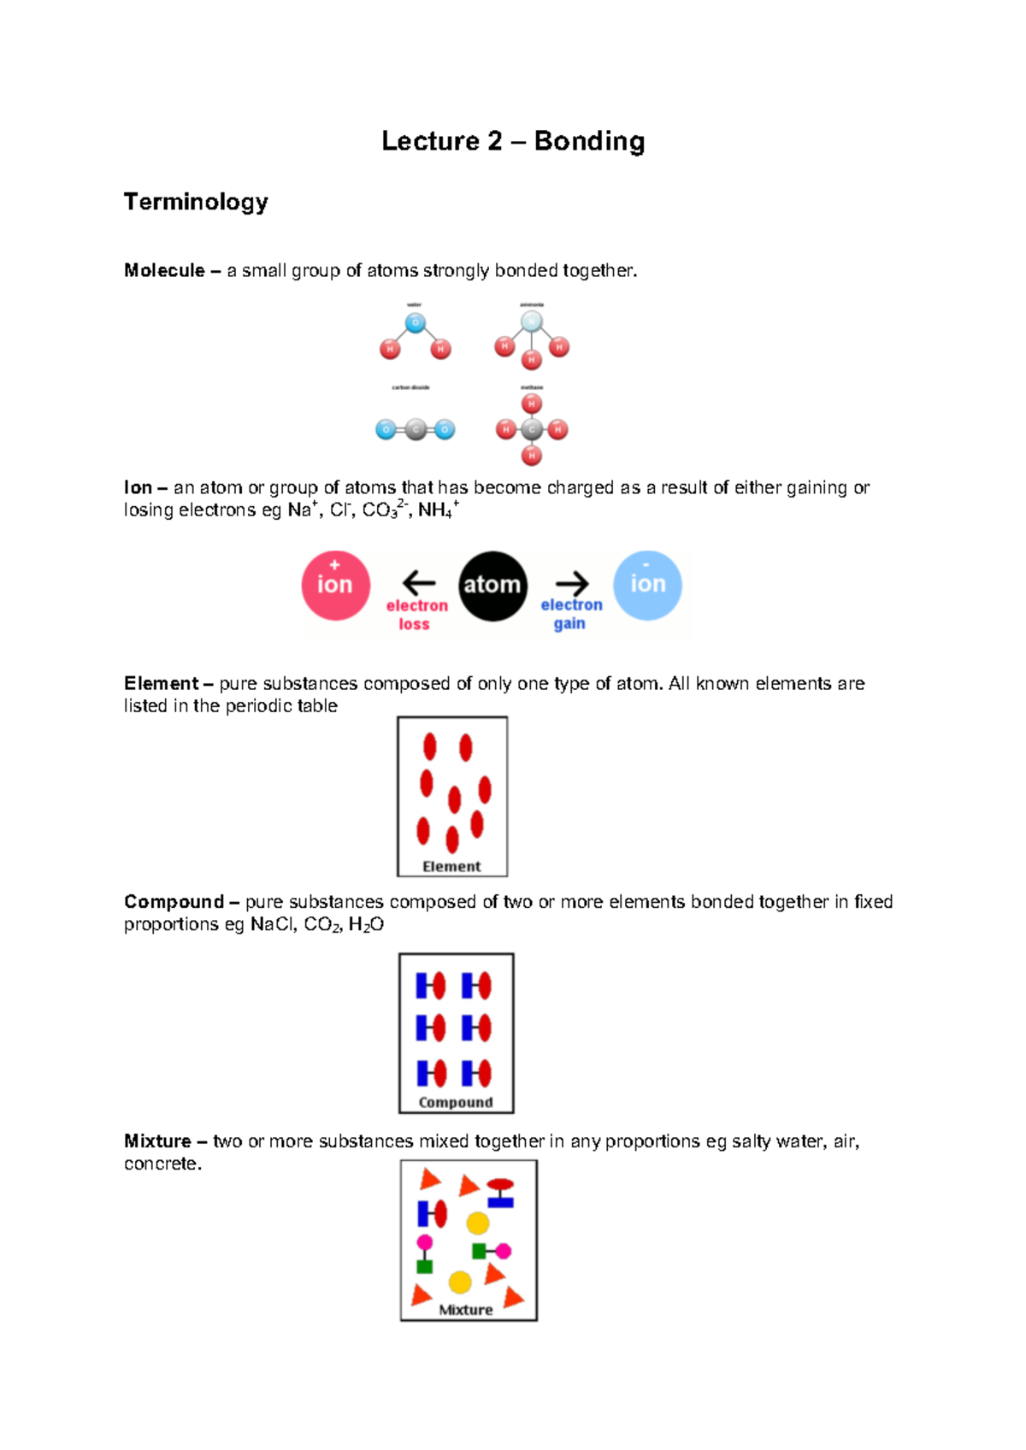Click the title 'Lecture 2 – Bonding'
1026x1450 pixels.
click(513, 141)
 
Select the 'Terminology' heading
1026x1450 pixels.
click(196, 202)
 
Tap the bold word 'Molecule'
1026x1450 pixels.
click(164, 271)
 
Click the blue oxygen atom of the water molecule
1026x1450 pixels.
click(416, 323)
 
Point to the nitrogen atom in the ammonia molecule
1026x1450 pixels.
click(532, 322)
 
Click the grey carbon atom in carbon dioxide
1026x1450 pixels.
click(416, 429)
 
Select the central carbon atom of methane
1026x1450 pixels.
click(532, 429)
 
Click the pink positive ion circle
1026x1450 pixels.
click(335, 586)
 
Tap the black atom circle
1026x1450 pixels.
click(492, 586)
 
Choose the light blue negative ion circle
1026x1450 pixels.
click(647, 586)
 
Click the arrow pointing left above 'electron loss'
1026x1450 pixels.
click(419, 583)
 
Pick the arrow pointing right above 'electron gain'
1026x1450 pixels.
click(572, 583)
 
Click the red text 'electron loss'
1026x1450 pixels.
click(416, 615)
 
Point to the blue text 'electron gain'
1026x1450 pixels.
click(571, 614)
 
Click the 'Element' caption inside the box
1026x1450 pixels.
click(451, 866)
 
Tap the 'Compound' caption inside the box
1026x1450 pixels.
click(456, 1102)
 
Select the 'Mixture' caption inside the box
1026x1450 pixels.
click(466, 1309)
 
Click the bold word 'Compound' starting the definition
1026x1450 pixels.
click(174, 902)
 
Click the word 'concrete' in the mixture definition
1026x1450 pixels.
click(160, 1164)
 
